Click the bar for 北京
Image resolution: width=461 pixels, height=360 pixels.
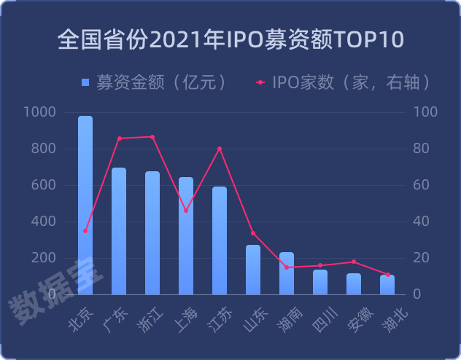[85, 206]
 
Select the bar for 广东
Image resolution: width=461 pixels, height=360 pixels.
[119, 231]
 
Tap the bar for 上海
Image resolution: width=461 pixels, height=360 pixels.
[186, 235]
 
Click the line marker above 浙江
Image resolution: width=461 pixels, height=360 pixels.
[152, 137]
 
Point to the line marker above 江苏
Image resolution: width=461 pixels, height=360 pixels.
[220, 149]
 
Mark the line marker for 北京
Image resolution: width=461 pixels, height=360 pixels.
[85, 231]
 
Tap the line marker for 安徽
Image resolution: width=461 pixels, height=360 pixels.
[354, 262]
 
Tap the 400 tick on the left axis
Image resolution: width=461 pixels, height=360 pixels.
[44, 222]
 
